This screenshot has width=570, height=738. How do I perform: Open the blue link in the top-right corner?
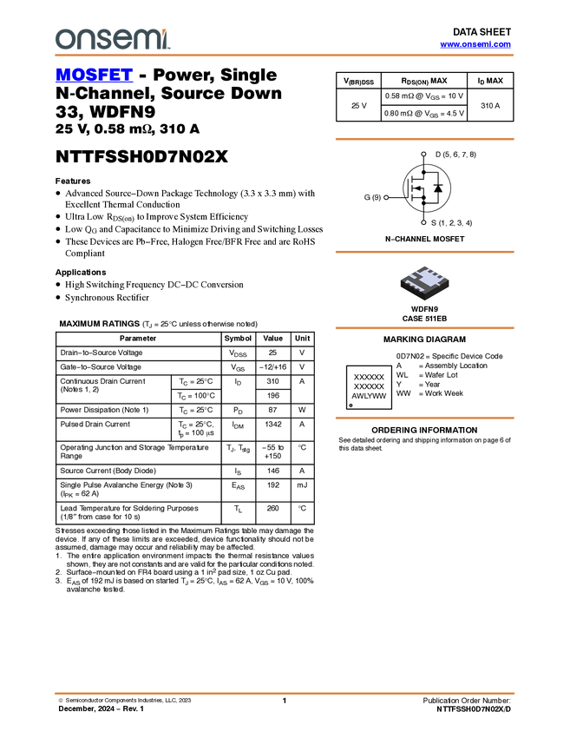(475, 44)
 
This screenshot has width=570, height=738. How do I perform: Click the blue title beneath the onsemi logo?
(94, 76)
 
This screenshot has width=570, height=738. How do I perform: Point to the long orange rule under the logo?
(285, 56)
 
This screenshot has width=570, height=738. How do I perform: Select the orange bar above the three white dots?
(424, 139)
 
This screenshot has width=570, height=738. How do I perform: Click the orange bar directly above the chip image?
(424, 252)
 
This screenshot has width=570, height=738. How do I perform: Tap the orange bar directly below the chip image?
(424, 328)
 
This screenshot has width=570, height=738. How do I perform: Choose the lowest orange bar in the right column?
(424, 418)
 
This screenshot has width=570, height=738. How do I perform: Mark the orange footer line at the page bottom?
(285, 693)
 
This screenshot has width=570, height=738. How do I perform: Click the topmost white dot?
(423, 154)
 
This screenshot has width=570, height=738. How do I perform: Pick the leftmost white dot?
(386, 197)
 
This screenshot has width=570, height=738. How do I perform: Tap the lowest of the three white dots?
(423, 222)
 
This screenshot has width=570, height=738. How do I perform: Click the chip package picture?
(425, 284)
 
